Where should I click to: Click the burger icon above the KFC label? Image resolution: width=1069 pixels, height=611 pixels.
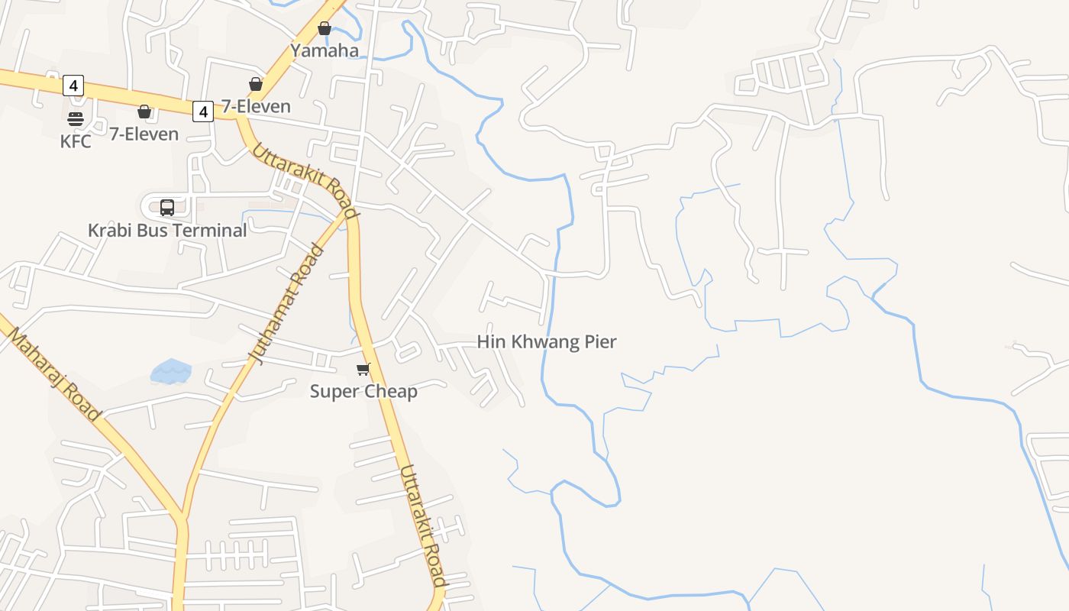pos(75,118)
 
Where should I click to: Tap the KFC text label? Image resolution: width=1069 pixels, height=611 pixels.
pos(76,141)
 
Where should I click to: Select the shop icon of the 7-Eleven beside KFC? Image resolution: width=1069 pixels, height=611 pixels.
pos(144,112)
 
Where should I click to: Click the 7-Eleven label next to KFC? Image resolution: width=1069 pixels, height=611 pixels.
pos(144,134)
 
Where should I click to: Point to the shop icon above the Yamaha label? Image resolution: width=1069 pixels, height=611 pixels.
pos(325,28)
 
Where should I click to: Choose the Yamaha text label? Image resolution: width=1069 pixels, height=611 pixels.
pos(325,51)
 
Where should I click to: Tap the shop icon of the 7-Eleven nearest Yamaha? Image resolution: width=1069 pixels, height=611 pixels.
pos(256,84)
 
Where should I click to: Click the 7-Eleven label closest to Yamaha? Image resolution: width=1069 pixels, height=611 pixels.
pos(256,106)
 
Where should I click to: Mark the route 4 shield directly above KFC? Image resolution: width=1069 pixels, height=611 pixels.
pos(73,86)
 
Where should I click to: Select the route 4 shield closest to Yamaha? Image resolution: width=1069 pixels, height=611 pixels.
pos(202,112)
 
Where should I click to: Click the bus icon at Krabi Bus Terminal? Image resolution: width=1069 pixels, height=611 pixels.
pos(167,207)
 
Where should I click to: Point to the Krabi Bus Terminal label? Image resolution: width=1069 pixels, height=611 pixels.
pos(167,230)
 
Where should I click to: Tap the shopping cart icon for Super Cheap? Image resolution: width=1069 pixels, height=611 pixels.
pos(363,370)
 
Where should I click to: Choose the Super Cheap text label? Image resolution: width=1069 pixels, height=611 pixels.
pos(363,392)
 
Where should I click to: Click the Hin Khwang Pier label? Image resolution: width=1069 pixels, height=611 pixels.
pos(547,341)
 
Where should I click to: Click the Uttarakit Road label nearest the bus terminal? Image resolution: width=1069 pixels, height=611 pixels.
pos(305,181)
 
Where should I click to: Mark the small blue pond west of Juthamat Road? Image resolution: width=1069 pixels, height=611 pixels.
pos(171,372)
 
